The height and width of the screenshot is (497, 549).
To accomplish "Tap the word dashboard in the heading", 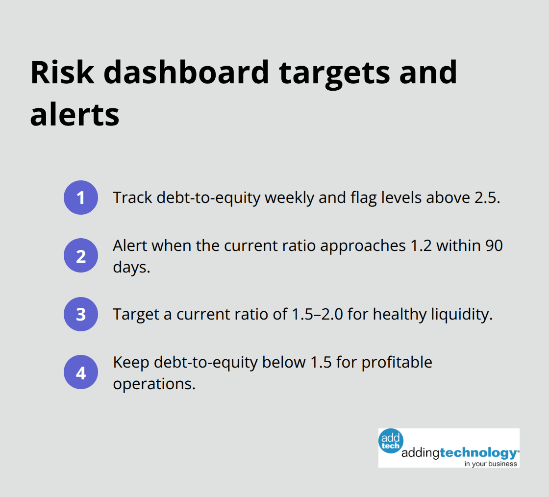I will (x=186, y=73).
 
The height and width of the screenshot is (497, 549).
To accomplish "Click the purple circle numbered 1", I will (x=81, y=198).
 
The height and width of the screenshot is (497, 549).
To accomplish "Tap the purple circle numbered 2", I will (x=81, y=255).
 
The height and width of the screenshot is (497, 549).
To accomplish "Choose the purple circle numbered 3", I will (x=81, y=314).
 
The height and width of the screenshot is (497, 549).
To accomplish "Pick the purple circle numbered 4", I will (x=81, y=372).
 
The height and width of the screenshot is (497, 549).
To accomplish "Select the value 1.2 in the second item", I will (x=421, y=246).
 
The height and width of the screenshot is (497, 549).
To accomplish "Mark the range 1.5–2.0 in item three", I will (x=317, y=314).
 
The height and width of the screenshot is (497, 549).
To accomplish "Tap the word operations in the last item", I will (x=154, y=383).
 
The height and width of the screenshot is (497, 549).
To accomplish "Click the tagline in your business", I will (x=491, y=463).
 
